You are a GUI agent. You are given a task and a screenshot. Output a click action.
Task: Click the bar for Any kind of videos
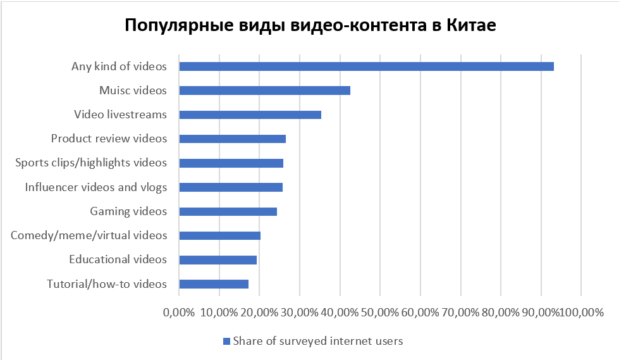(x=366, y=66)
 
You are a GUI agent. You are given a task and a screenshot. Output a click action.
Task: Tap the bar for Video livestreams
(x=250, y=115)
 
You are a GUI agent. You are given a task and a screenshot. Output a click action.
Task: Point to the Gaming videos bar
(x=228, y=211)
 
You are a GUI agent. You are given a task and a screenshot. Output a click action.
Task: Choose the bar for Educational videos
(x=218, y=259)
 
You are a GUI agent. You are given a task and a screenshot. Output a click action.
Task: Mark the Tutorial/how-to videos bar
(x=214, y=284)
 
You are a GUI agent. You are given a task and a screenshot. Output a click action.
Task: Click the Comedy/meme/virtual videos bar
(x=219, y=235)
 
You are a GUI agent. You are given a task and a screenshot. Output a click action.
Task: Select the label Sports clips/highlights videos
(x=91, y=163)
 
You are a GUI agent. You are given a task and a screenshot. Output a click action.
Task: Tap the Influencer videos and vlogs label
(x=96, y=187)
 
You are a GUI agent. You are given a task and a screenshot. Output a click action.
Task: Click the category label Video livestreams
(x=120, y=115)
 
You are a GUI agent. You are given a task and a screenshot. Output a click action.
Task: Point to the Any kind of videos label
(x=119, y=66)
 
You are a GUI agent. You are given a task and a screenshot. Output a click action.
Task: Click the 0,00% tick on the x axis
(x=179, y=313)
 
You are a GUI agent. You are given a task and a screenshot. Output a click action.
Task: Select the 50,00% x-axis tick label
(x=380, y=313)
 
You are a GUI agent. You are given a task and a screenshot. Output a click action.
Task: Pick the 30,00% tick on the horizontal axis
(x=300, y=313)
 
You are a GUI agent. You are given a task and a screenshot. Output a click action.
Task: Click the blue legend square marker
(x=226, y=342)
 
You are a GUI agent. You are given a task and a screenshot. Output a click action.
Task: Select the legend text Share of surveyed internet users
(x=318, y=341)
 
